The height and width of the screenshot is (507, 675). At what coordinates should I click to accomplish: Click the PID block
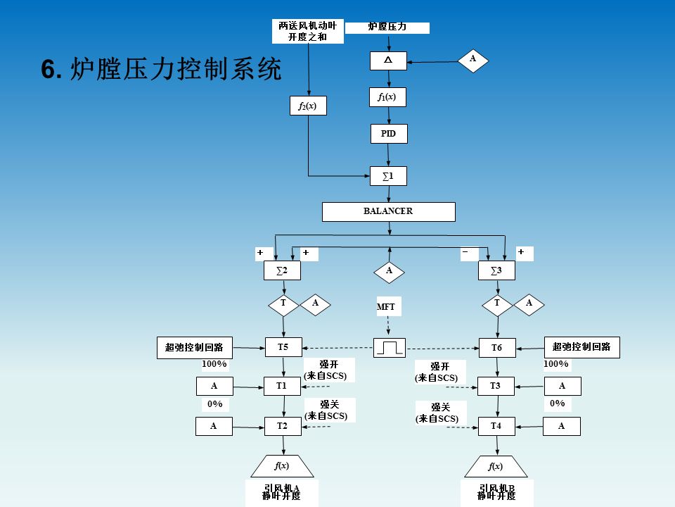click(x=389, y=134)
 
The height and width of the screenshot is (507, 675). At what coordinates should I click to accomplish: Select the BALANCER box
click(x=388, y=211)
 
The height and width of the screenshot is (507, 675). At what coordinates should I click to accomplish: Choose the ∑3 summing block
click(x=497, y=270)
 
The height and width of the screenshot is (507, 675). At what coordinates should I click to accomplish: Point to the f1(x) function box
click(x=388, y=97)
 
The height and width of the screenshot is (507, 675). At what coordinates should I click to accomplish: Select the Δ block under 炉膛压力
click(x=388, y=61)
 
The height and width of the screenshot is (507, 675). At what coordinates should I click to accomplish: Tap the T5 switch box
click(x=283, y=346)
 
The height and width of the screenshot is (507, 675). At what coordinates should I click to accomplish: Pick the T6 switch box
click(x=497, y=348)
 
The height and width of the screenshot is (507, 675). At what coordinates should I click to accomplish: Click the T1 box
click(x=283, y=386)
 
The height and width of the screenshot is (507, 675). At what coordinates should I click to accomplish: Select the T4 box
click(x=496, y=426)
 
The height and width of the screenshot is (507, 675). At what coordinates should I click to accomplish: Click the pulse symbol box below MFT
click(x=389, y=347)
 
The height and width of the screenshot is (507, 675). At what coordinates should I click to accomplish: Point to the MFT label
click(x=387, y=306)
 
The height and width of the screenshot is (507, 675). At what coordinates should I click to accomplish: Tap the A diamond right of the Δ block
click(x=473, y=60)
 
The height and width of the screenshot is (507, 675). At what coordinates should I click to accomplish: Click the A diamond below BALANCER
click(x=389, y=270)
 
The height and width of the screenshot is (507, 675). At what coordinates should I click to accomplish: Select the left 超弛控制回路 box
click(x=194, y=346)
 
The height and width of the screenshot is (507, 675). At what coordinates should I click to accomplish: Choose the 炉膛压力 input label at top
click(x=387, y=27)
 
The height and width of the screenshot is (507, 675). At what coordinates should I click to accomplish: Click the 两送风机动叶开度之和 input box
click(x=308, y=31)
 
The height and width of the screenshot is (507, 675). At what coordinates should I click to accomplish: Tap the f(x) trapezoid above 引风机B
click(x=496, y=466)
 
